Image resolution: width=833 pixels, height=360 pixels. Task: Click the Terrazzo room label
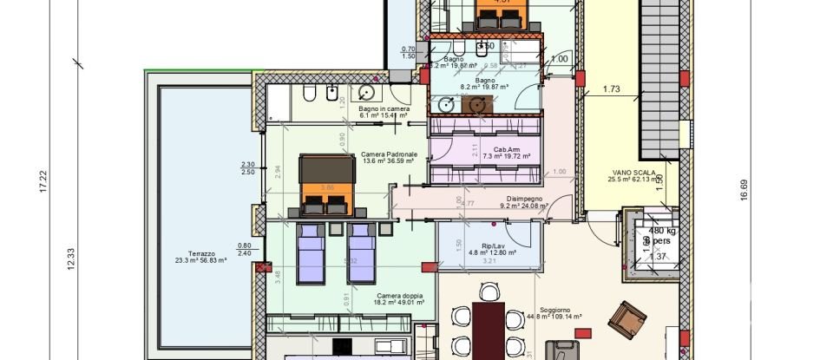click(x=200, y=250)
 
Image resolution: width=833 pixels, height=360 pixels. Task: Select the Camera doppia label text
click(x=399, y=297)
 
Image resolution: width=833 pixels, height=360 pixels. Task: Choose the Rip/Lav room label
click(x=493, y=246)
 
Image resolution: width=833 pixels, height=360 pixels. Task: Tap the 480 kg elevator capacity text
click(x=662, y=231)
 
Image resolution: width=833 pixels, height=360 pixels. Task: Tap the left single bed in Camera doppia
click(x=310, y=251)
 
